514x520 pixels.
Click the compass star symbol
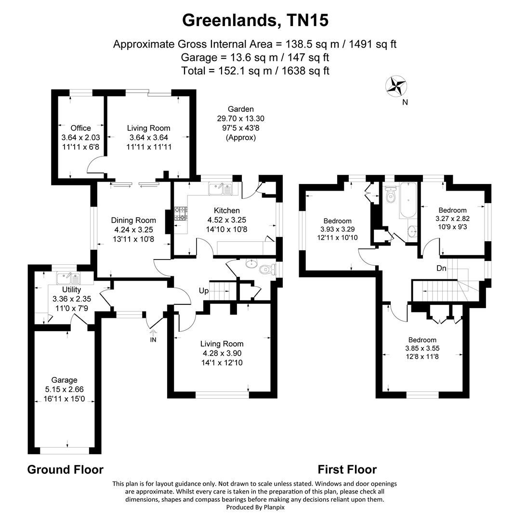click(396, 86)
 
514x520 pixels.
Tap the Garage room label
click(65, 380)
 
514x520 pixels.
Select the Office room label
click(80, 128)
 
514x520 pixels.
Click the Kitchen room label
click(226, 210)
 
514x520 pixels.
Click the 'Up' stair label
click(204, 291)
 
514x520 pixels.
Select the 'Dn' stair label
click(441, 268)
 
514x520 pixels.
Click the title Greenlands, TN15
click(255, 21)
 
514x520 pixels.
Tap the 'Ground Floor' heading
click(65, 469)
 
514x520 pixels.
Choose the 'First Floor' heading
click(347, 469)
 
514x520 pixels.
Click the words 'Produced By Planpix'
click(255, 507)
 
